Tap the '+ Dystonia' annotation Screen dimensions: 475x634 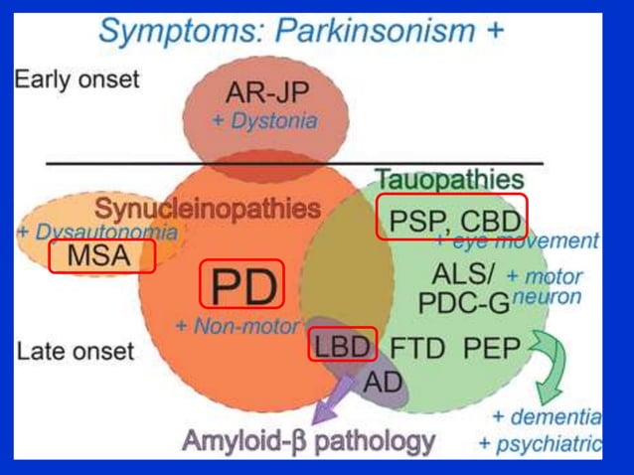[x=264, y=121]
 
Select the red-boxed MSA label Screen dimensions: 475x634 [x=99, y=255]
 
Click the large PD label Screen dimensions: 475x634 [x=242, y=285]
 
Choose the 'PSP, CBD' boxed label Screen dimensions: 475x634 [x=450, y=218]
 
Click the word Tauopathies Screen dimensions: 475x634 [x=449, y=180]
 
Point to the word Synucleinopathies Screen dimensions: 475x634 [x=207, y=209]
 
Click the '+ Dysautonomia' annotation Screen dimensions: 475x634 [x=96, y=232]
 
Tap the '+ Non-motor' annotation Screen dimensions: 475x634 [x=236, y=325]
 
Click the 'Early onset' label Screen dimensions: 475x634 [x=77, y=79]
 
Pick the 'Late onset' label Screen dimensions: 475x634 [x=75, y=351]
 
